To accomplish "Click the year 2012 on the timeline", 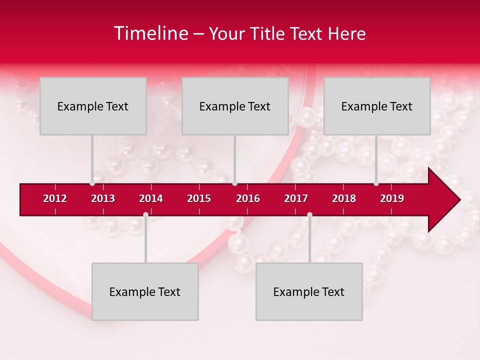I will point(55,198).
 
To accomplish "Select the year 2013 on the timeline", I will point(103,198).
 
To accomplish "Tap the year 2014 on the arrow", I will point(151,198).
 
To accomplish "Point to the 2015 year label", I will point(199,198).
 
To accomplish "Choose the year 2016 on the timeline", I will point(248,198).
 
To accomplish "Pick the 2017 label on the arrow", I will point(296,198).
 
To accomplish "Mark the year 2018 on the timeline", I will point(344,198).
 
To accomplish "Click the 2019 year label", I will point(392,198).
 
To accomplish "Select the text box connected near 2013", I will point(93,106).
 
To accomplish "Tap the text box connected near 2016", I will point(235,106).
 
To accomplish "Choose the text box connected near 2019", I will point(377,106).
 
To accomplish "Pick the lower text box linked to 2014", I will point(145,291).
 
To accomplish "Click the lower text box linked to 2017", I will point(309,291).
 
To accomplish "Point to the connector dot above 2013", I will point(92,183).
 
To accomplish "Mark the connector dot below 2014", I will point(145,215).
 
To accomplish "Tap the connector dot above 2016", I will point(234,183).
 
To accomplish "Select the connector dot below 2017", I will point(309,215).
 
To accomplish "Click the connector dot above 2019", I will point(376,183).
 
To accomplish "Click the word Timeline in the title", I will point(150,33).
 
